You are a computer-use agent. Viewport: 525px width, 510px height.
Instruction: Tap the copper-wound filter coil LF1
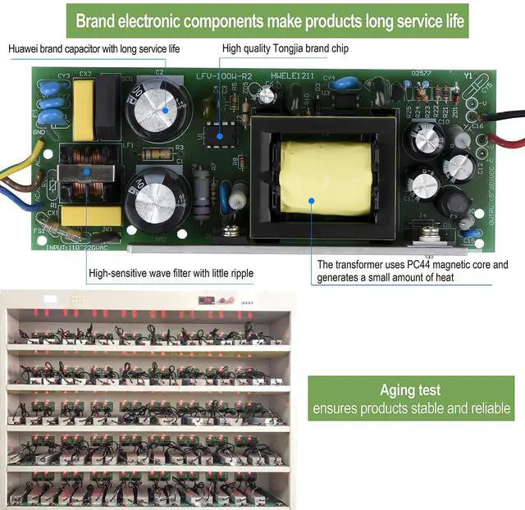tap(85, 173)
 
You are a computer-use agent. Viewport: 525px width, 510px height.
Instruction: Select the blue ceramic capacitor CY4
tap(331, 83)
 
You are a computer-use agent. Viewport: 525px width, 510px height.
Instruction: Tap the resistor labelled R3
tap(157, 153)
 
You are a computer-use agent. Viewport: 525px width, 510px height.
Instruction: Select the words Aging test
tap(409, 390)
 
